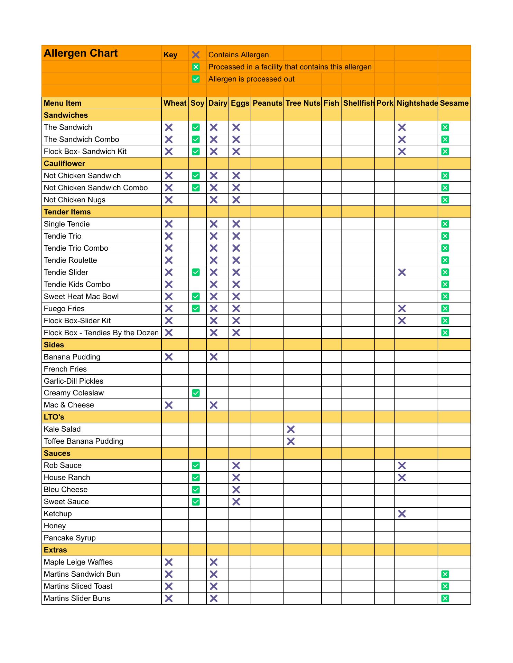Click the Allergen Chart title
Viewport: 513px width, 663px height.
[x=81, y=53]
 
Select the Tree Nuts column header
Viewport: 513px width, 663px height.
[x=302, y=103]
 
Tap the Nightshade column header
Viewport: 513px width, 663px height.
[x=417, y=103]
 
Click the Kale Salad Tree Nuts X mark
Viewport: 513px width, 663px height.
[x=291, y=429]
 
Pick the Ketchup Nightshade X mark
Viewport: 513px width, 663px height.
[x=402, y=514]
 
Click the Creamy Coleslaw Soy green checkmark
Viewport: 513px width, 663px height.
[x=196, y=393]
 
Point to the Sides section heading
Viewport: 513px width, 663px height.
[x=54, y=345]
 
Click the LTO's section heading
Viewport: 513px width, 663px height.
[x=54, y=417]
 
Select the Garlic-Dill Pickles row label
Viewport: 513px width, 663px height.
[x=73, y=381]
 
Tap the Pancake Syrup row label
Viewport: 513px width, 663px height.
[x=69, y=538]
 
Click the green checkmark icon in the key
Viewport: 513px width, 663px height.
[x=196, y=79]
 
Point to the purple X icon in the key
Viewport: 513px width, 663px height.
[x=196, y=55]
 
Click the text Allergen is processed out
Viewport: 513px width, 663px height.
[x=251, y=79]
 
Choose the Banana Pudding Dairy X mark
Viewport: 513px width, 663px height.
[x=214, y=357]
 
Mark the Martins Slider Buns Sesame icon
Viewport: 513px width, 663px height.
[x=445, y=598]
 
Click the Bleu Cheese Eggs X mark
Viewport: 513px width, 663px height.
[x=236, y=490]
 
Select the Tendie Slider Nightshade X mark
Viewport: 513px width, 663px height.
[x=402, y=272]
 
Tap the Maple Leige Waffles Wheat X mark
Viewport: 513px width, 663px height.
[x=169, y=562]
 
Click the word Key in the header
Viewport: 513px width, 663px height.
[x=170, y=55]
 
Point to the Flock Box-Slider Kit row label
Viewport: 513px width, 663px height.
[x=77, y=321]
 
